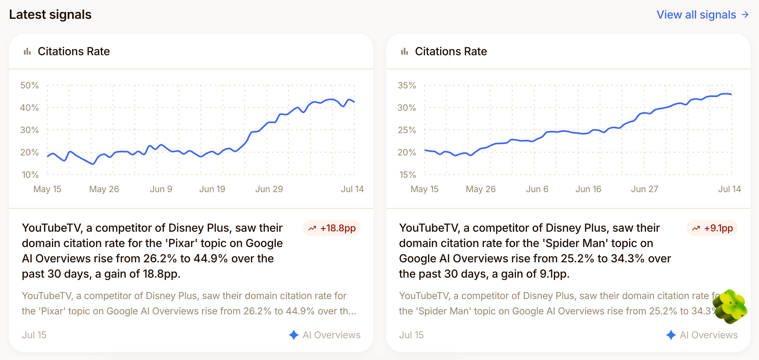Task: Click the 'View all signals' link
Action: pos(703,15)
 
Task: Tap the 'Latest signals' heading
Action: pos(50,15)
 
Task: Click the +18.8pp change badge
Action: pos(332,228)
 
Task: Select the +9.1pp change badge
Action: pos(712,228)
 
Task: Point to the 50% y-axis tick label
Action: pos(29,85)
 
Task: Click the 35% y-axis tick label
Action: pos(407,85)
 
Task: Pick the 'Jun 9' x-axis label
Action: pos(161,189)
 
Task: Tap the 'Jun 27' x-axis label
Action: pos(644,189)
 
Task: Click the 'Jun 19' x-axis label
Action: pos(212,189)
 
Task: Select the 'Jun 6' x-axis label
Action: pos(537,189)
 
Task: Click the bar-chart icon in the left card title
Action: pos(27,51)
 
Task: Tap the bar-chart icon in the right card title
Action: pos(405,51)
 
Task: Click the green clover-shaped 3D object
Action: pos(730,306)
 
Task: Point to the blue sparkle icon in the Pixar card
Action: pos(294,335)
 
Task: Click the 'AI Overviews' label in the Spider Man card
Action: pos(709,335)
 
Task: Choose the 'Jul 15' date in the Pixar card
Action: pos(34,335)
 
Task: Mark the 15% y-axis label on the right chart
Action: pos(408,175)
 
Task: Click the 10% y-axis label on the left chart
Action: pos(30,175)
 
